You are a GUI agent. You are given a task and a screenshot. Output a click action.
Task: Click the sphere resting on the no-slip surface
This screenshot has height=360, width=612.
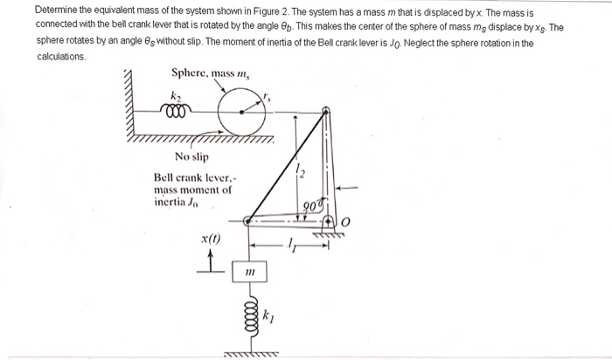[239, 111]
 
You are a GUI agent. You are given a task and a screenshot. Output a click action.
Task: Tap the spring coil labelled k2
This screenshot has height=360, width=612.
[177, 113]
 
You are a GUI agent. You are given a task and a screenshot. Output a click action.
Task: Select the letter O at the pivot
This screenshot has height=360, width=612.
[344, 224]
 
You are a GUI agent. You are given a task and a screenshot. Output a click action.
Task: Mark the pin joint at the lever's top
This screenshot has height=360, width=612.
[325, 111]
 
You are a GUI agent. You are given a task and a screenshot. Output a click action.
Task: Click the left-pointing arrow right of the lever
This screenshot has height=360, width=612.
[347, 186]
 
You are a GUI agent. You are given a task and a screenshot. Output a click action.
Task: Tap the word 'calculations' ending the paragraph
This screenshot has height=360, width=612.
[61, 56]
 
